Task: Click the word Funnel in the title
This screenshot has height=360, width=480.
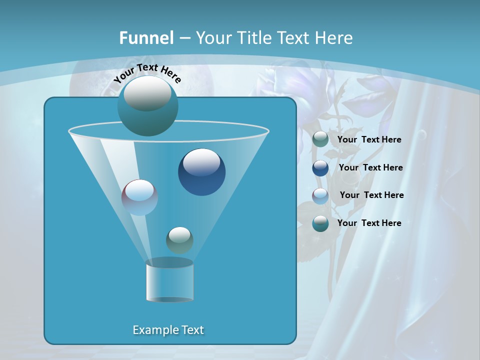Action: pyautogui.click(x=146, y=38)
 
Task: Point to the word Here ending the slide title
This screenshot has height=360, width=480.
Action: pyautogui.click(x=334, y=38)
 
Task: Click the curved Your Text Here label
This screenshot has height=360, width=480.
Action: pyautogui.click(x=147, y=73)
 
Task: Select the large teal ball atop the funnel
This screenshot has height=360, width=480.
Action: pyautogui.click(x=147, y=105)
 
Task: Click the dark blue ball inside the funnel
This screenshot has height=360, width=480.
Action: pyautogui.click(x=201, y=172)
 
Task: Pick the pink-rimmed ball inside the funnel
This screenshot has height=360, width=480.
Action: pyautogui.click(x=139, y=197)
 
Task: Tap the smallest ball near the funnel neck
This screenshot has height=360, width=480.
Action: pyautogui.click(x=179, y=240)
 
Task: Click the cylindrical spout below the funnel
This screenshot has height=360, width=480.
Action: pyautogui.click(x=170, y=281)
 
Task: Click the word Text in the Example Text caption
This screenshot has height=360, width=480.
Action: pyautogui.click(x=191, y=330)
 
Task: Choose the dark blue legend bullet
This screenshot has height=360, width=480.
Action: pyautogui.click(x=320, y=168)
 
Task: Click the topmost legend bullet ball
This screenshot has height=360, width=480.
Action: pyautogui.click(x=320, y=139)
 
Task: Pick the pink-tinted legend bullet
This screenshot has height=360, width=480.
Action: pyautogui.click(x=320, y=196)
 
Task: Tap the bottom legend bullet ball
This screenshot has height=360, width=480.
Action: pyautogui.click(x=320, y=223)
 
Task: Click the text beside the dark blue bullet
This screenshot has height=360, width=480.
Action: pyautogui.click(x=370, y=167)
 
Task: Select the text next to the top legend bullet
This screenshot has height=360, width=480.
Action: pyautogui.click(x=369, y=139)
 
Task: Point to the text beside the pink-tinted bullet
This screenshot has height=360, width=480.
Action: pyautogui.click(x=371, y=195)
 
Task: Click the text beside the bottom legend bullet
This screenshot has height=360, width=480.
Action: pyautogui.click(x=369, y=223)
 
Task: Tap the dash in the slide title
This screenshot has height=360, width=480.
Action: pyautogui.click(x=184, y=38)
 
